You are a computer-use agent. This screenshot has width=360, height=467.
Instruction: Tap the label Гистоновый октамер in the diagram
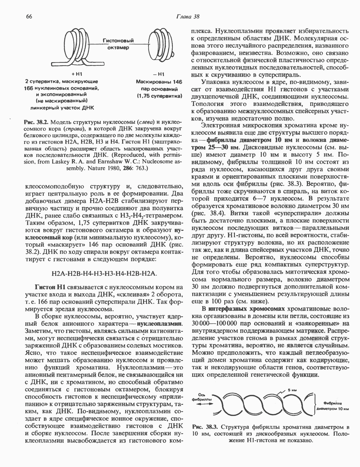(x=116, y=44)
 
